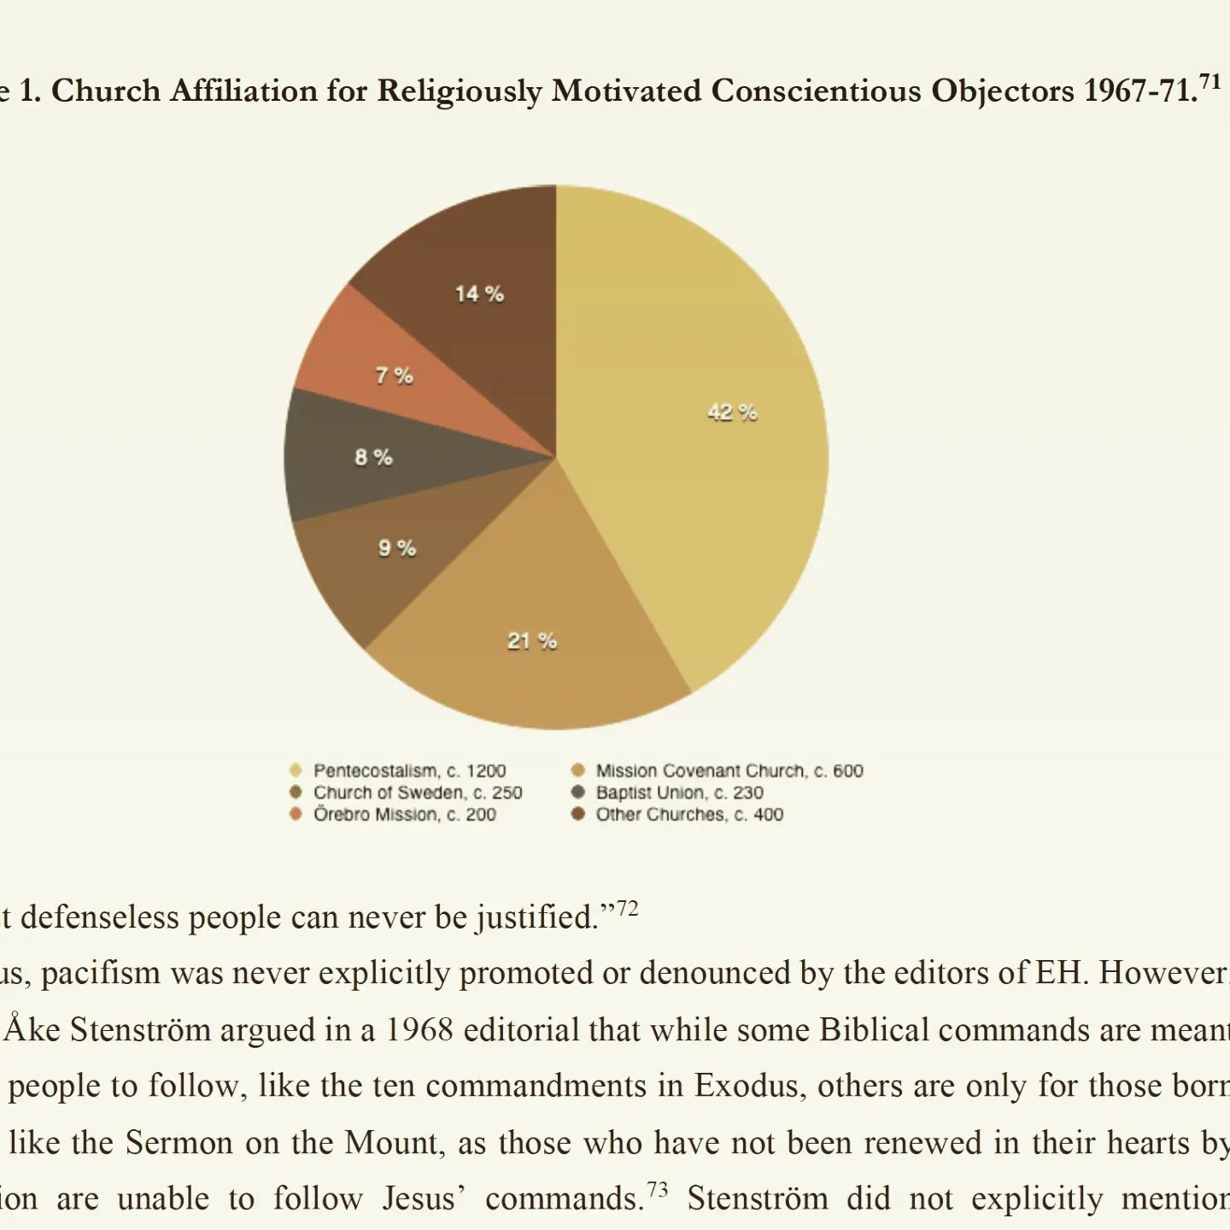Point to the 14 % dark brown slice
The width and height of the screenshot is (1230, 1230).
478,295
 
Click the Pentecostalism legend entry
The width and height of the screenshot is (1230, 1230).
408,770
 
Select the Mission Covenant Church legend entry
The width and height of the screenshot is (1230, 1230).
729,770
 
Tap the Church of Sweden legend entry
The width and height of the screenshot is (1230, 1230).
417,793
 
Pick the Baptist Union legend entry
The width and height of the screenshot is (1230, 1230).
679,793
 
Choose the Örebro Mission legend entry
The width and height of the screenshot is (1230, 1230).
404,814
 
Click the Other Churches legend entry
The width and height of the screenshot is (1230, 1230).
688,814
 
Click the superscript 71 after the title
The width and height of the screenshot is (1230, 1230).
1210,82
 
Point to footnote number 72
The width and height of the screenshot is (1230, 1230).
627,908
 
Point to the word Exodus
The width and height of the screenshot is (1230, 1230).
749,1086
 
